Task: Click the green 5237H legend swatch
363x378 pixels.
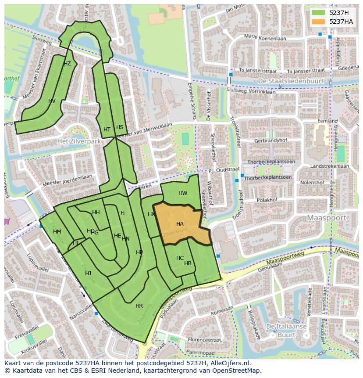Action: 319,13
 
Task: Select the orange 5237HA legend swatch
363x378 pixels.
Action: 319,22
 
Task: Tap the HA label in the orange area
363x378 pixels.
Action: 180,224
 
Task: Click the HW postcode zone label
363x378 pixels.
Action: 183,193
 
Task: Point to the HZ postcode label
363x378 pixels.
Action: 67,64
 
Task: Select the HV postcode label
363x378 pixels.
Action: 52,101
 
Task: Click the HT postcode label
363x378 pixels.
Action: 107,130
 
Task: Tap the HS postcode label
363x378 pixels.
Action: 120,127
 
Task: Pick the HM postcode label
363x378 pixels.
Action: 57,232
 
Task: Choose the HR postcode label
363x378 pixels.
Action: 139,306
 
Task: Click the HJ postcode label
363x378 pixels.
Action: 88,274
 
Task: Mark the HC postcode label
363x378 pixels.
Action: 180,258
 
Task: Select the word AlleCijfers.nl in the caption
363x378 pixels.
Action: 228,363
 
